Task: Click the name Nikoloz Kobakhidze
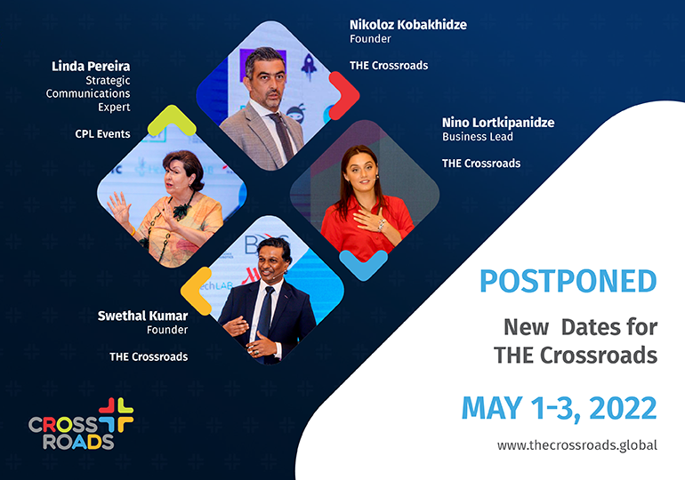coord(408,25)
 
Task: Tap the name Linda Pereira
coord(91,67)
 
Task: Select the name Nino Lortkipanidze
coord(498,123)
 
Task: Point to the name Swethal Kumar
coord(142,316)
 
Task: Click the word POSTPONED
coord(568,281)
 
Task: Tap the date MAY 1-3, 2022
coord(560,408)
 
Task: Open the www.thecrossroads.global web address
coord(577,445)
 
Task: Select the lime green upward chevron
coord(172,119)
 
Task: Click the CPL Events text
coord(102,134)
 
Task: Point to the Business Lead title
coord(478,137)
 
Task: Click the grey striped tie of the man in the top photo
coord(283,135)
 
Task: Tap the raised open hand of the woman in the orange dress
coord(118,208)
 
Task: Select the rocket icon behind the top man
coord(309,67)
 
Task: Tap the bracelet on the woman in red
coord(381,225)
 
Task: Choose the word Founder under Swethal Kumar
coord(167,330)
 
